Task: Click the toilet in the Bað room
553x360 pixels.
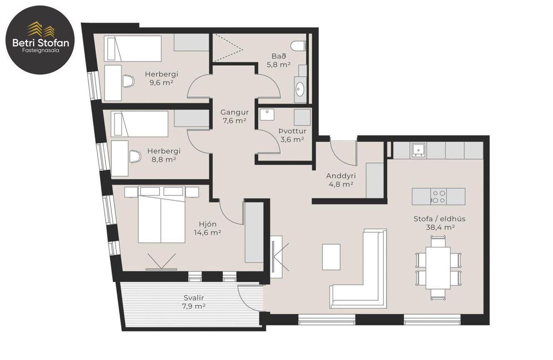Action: tap(298, 46)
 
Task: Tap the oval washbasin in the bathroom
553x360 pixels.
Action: tap(300, 89)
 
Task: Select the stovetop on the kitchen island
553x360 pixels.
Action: tap(439, 197)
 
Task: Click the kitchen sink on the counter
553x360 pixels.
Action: tap(418, 150)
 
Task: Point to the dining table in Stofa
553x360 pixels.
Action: tap(438, 268)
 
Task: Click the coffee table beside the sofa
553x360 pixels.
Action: tap(331, 257)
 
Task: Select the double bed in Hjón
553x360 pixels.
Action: tap(162, 215)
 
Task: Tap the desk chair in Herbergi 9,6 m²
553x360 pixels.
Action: tap(128, 81)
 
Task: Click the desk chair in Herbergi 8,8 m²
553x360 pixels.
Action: tap(135, 157)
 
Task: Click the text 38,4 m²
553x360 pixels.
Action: tap(440, 227)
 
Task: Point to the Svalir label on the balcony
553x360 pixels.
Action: tap(194, 298)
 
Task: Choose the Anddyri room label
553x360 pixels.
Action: tap(341, 176)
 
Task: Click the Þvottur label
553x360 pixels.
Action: tap(292, 131)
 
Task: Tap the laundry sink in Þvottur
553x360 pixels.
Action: tap(267, 115)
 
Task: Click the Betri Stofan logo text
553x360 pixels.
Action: tap(41, 43)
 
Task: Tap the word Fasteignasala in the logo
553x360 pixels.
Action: tap(41, 50)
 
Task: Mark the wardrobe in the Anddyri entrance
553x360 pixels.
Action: tap(375, 180)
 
